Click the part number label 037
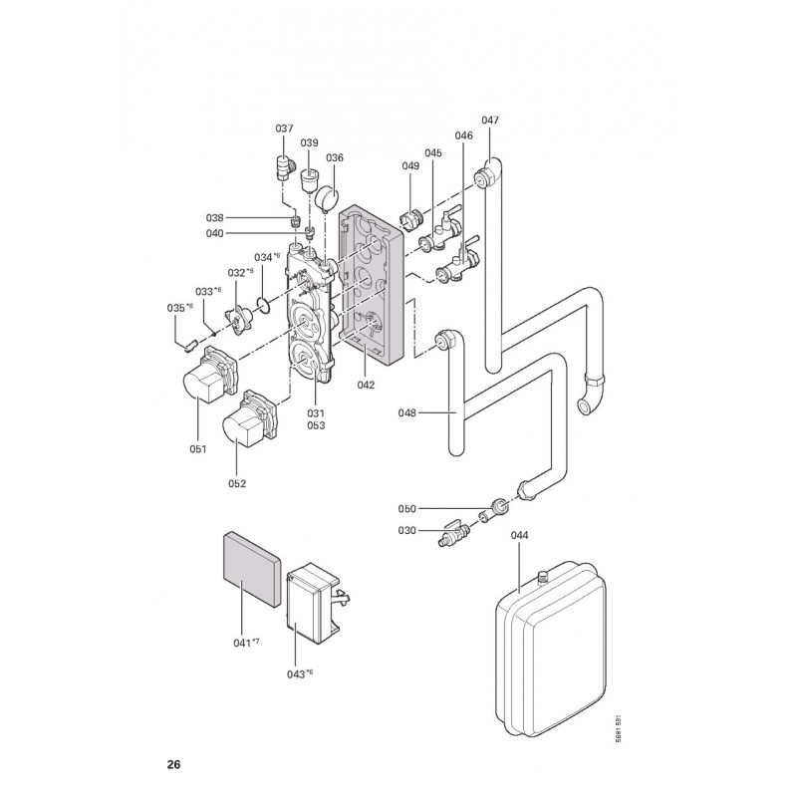pyautogui.click(x=285, y=129)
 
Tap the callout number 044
pyautogui.click(x=519, y=535)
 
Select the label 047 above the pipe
pyautogui.click(x=490, y=121)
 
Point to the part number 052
pyautogui.click(x=236, y=483)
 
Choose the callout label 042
pyautogui.click(x=366, y=385)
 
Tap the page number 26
pyautogui.click(x=173, y=765)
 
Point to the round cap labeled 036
pyautogui.click(x=329, y=192)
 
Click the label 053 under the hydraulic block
pyautogui.click(x=316, y=425)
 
